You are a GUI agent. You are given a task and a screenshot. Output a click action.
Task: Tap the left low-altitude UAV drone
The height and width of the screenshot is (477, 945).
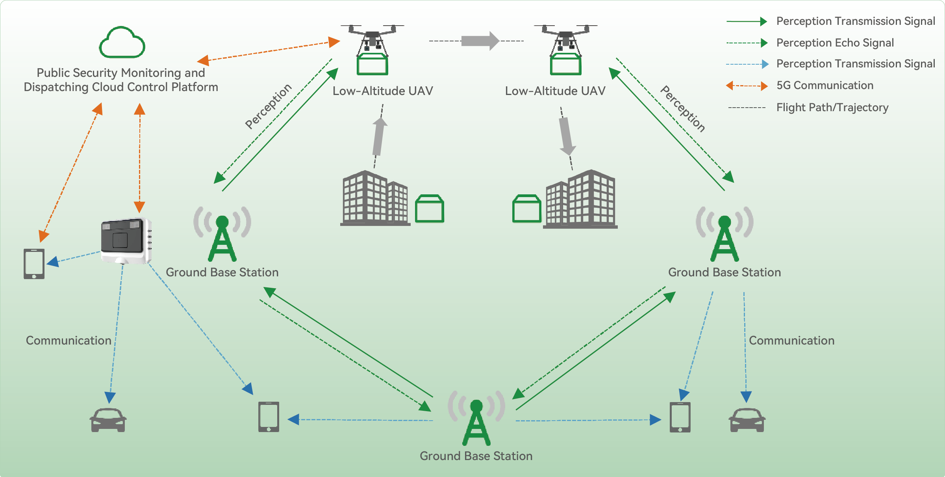coord(372,49)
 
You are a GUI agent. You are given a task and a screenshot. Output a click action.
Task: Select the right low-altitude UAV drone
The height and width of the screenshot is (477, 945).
coord(565,49)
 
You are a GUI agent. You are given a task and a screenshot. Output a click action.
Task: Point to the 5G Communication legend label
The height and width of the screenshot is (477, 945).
coord(825,86)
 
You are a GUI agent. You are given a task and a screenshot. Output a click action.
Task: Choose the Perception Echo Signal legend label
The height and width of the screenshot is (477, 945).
coord(835,43)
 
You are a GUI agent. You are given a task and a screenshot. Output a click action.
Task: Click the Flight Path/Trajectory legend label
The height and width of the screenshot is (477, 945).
coord(832,107)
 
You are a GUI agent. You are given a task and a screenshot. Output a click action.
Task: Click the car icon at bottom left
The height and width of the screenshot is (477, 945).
coord(108,420)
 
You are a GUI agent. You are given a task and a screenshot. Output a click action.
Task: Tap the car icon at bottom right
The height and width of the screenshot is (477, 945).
coord(747,420)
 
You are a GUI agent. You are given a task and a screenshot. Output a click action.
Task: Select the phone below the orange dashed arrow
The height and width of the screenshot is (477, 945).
coord(34,264)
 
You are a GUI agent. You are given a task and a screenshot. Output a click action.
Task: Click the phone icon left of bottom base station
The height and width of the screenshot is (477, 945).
coord(269,417)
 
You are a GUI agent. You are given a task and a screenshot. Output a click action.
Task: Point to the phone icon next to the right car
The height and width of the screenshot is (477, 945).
coord(680,417)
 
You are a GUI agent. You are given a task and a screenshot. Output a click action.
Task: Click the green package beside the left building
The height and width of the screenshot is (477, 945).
coord(430,209)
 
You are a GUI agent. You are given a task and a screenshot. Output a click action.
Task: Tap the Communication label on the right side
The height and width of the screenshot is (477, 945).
coord(791,341)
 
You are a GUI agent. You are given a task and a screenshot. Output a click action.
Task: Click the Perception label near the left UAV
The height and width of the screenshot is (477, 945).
coord(268,106)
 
